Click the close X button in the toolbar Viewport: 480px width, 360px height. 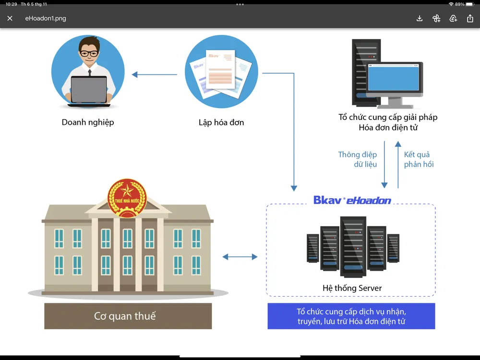(10, 18)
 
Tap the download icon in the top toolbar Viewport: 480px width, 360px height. (420, 18)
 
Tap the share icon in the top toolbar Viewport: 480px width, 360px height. (470, 18)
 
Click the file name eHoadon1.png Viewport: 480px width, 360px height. (46, 18)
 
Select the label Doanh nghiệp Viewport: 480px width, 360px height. (88, 122)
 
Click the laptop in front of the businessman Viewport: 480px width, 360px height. (89, 90)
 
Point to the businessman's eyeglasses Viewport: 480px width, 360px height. (88, 53)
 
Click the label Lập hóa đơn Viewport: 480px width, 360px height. (221, 122)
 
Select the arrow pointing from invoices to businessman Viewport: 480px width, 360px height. (154, 74)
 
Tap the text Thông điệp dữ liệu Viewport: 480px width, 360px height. (358, 159)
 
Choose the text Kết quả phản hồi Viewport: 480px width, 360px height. (418, 159)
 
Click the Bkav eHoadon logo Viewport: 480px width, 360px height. (352, 200)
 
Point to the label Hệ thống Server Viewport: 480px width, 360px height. (352, 288)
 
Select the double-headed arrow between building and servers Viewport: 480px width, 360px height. (240, 257)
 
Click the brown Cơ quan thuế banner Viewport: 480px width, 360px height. (128, 316)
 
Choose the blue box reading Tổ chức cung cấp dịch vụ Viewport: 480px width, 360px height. (351, 316)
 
